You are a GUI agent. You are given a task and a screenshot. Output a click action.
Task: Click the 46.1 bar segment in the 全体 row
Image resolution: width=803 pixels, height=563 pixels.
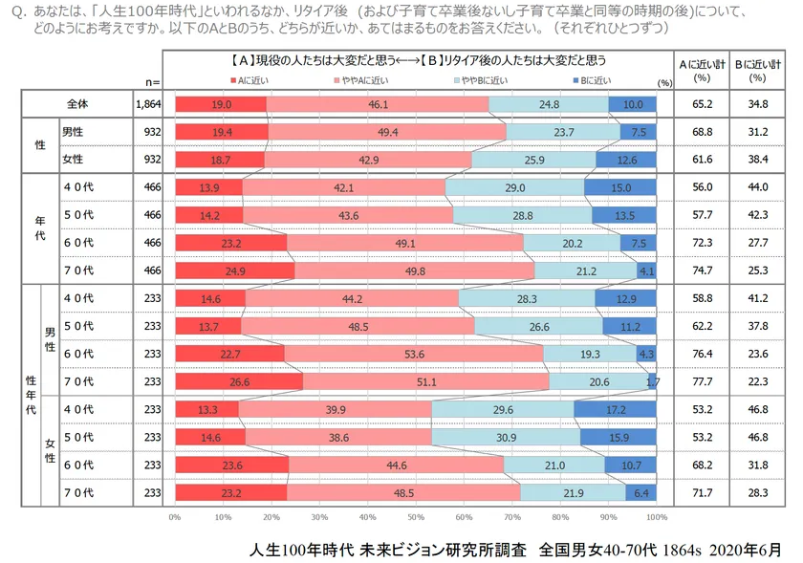(378, 103)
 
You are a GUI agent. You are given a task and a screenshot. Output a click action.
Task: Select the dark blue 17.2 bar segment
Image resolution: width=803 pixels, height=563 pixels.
(616, 410)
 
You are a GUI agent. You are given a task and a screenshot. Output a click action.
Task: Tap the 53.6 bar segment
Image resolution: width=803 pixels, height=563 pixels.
(413, 354)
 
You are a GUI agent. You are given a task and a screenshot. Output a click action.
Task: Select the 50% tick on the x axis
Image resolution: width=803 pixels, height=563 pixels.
(416, 517)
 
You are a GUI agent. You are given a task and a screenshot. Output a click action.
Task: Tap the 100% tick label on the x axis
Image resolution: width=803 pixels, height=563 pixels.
(657, 517)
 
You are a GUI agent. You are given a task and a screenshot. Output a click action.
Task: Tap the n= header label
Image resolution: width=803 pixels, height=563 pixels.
(149, 82)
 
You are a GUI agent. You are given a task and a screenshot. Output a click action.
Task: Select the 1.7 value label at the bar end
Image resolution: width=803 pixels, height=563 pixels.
(653, 382)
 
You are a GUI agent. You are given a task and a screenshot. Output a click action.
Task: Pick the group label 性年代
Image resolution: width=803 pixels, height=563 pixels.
(31, 396)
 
